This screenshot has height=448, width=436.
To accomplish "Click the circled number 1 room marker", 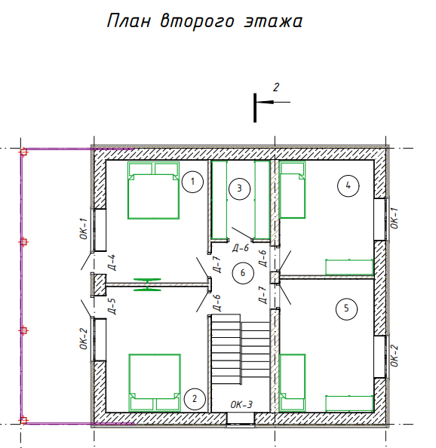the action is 192,182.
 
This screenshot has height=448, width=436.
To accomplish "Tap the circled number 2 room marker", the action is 195,399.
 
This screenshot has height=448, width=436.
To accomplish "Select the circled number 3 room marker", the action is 239,189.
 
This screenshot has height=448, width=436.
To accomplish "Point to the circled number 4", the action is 348,186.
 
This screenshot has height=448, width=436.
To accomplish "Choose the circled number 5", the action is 346,308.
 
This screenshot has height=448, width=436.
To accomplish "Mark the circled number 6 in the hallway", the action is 243,273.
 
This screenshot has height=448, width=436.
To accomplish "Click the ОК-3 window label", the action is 241,404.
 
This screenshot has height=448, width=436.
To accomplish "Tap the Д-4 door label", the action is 112,262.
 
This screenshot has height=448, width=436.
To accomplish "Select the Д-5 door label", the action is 112,306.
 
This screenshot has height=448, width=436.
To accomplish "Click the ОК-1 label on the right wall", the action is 394,218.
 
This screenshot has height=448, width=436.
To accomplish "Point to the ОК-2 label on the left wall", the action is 83,339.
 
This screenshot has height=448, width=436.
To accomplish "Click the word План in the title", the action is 128,21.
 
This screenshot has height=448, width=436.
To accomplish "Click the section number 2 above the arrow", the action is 276,87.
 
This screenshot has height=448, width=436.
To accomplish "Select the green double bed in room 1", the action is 153,190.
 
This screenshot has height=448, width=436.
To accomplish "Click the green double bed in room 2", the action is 155,383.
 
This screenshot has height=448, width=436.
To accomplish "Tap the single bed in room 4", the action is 292,190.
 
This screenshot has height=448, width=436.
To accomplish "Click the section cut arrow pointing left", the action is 273,102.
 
